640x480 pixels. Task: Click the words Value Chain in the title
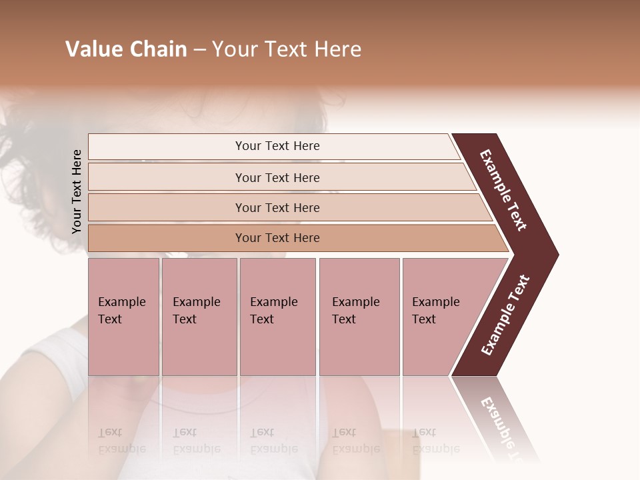(x=126, y=49)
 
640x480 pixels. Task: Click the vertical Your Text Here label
(x=77, y=191)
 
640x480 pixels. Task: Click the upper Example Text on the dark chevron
(x=504, y=190)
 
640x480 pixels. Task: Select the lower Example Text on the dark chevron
(x=505, y=315)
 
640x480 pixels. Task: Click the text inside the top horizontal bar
(x=277, y=146)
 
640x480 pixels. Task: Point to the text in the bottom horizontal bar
(x=277, y=238)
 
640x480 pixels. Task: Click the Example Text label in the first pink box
(x=121, y=310)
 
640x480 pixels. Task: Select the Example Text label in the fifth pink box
(x=435, y=310)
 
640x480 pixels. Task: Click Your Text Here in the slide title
(x=287, y=49)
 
